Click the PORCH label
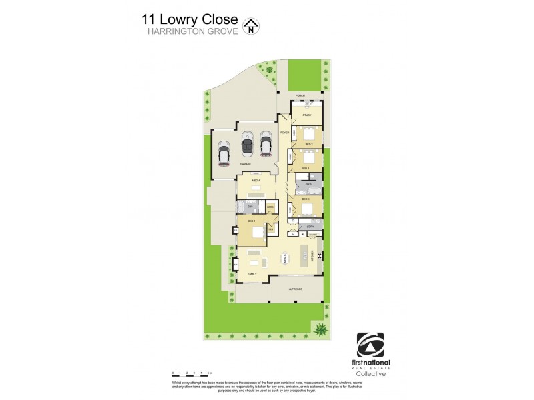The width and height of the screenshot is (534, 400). click(300, 95)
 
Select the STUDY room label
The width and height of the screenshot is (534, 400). click(306, 115)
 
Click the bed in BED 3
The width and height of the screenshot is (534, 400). click(309, 158)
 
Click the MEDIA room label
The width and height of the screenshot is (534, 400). click(255, 181)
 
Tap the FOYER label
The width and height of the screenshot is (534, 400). click(284, 133)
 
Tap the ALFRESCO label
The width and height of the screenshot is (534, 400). click(296, 289)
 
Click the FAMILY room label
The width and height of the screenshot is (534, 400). click(252, 273)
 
